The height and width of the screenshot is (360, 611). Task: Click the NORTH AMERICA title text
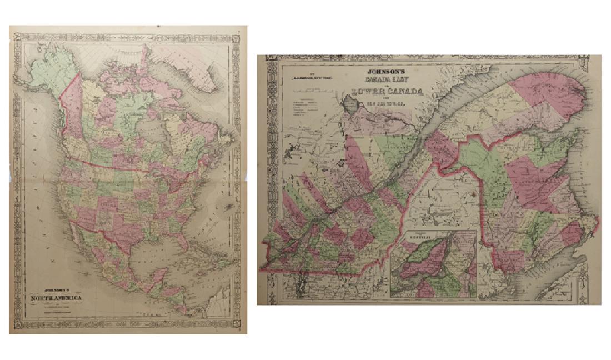[56, 299]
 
